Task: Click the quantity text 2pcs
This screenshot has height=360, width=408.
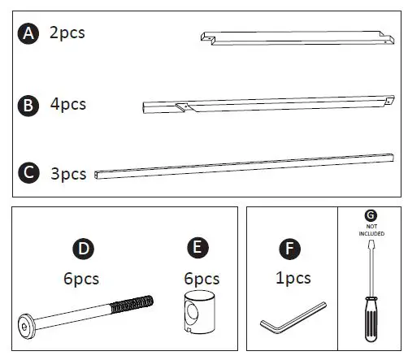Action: coord(67,33)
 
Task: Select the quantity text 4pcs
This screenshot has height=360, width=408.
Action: coord(67,104)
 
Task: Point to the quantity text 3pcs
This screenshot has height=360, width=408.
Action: coord(67,173)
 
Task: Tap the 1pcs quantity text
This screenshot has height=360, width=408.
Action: coord(293,278)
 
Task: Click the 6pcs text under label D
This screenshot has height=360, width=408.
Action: coord(81,278)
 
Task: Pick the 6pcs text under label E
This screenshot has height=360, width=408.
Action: coord(197,278)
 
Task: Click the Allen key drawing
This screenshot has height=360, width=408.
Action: coord(291,317)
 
